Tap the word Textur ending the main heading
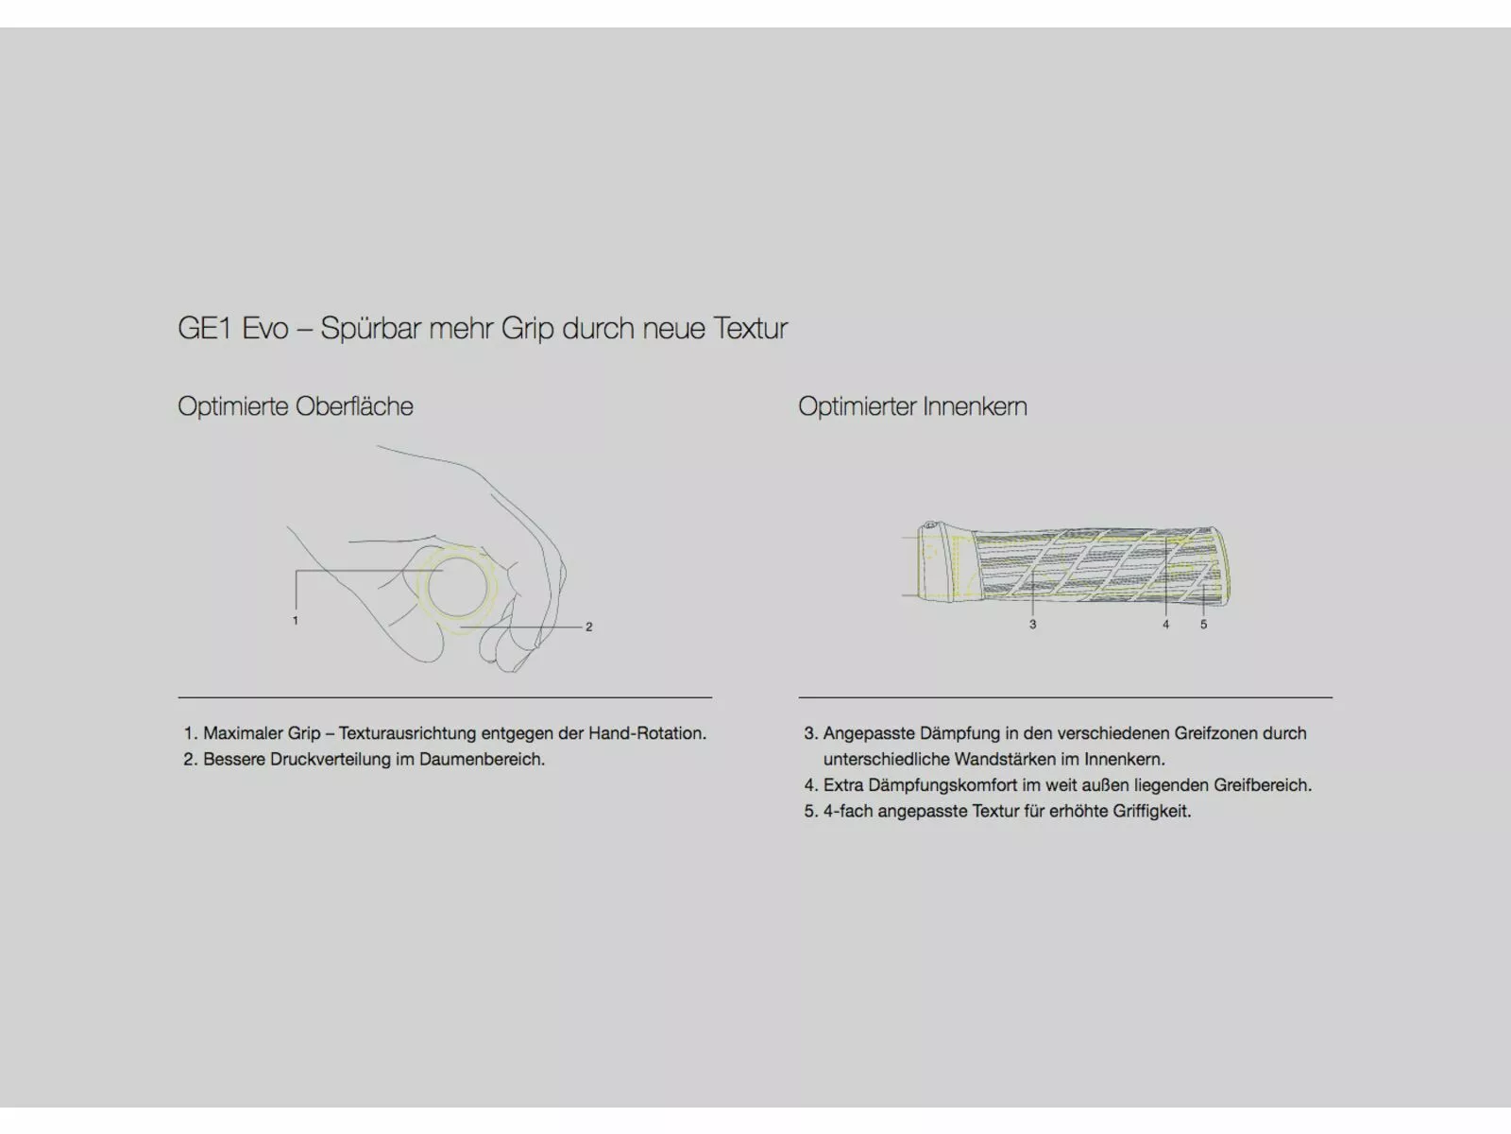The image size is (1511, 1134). click(751, 328)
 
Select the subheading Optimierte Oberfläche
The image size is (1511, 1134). click(296, 406)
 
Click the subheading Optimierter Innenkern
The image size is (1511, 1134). click(913, 406)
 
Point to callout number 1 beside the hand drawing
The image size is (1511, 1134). click(296, 620)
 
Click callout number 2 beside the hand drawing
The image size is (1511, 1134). click(588, 627)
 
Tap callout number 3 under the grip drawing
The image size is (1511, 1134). click(1032, 625)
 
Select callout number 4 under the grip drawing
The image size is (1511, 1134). click(1165, 625)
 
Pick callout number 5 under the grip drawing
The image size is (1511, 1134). click(1203, 625)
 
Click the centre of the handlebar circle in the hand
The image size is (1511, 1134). click(458, 587)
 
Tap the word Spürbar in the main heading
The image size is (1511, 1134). click(371, 328)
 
